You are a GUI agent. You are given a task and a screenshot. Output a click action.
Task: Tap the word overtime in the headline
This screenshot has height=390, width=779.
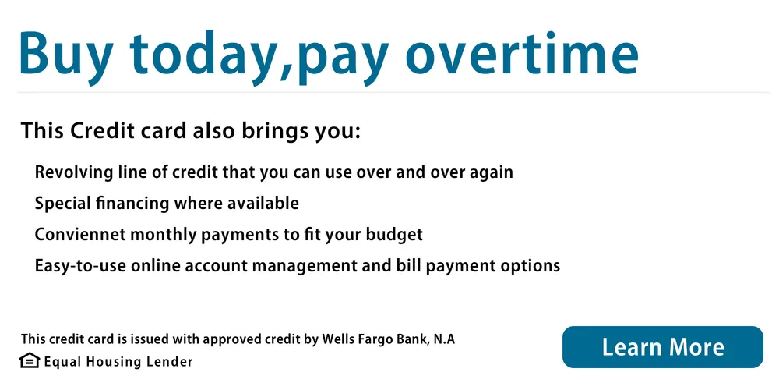click(x=522, y=54)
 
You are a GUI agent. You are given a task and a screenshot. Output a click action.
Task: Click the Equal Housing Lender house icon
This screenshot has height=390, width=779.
click(x=30, y=360)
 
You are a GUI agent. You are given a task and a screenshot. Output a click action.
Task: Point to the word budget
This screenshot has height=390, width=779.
click(x=394, y=235)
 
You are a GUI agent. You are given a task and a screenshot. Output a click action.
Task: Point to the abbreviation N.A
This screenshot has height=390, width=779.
click(x=444, y=339)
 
